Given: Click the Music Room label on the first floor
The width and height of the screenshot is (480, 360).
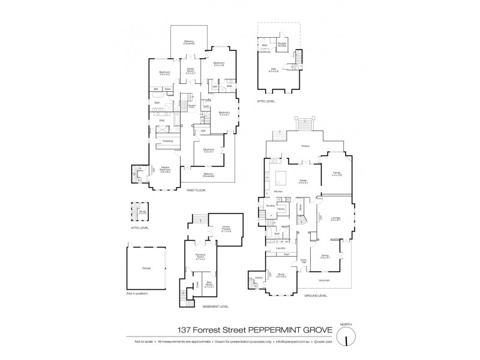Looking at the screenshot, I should pyautogui.click(x=190, y=72).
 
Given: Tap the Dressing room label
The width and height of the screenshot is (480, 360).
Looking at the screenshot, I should pyautogui.click(x=167, y=141).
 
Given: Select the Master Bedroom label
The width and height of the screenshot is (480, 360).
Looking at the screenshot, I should pyautogui.click(x=164, y=170).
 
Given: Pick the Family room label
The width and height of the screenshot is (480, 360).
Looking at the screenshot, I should pyautogui.click(x=337, y=173).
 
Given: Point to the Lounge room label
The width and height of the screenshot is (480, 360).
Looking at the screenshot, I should pyautogui.click(x=335, y=219).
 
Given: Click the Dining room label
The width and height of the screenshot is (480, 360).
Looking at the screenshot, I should pyautogui.click(x=325, y=257).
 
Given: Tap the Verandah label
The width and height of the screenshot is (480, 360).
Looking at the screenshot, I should pyautogui.click(x=323, y=280).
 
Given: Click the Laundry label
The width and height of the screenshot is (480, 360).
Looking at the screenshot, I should pyautogui.click(x=280, y=248).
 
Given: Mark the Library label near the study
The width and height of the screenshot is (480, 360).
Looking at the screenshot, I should pyautogui.click(x=258, y=278).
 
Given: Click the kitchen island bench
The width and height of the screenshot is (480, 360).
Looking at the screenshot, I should pyautogui.click(x=281, y=177).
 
